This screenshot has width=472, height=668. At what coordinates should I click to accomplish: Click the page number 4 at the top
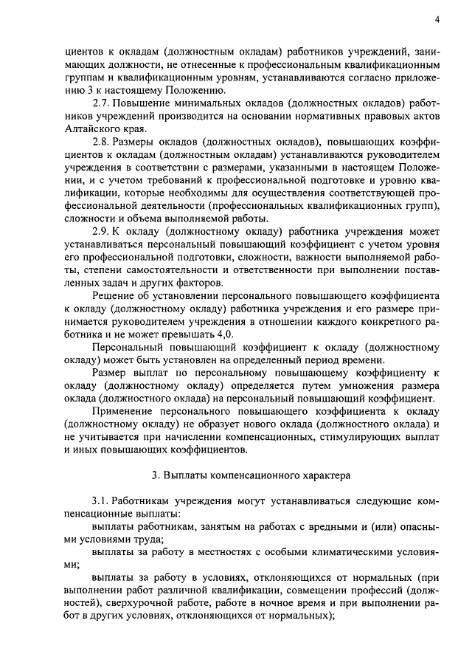coord(437,21)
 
